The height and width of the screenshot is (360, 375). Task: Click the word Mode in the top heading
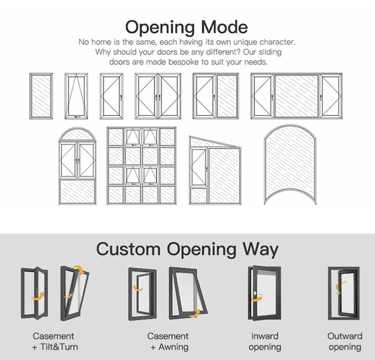[224, 27]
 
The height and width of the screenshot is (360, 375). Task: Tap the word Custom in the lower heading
[128, 249]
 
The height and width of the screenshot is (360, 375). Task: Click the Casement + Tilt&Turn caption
[55, 341]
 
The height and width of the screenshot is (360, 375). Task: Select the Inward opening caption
[264, 341]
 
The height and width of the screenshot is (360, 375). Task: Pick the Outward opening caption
[344, 341]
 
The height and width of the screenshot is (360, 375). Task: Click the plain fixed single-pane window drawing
[41, 96]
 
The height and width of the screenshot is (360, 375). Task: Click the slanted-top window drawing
[215, 170]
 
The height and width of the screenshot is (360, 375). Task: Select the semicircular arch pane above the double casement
[77, 135]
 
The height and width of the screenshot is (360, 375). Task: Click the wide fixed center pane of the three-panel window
[296, 96]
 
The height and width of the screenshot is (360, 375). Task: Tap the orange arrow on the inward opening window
[257, 299]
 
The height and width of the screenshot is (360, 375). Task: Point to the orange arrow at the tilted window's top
[78, 270]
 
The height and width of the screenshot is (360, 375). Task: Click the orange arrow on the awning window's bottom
[194, 314]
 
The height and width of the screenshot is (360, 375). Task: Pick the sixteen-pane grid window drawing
[141, 166]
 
